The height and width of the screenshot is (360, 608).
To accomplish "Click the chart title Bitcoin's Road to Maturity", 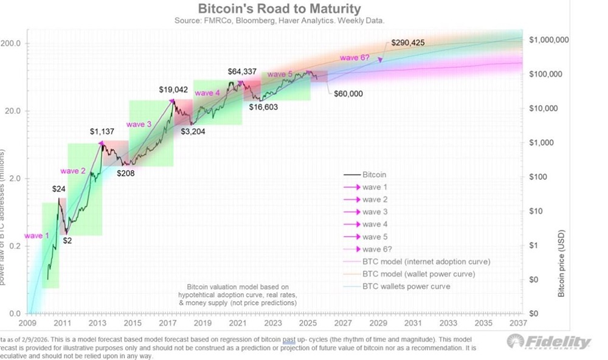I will pyautogui.click(x=279, y=9).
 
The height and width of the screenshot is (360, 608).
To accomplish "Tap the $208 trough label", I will pyautogui.click(x=126, y=173).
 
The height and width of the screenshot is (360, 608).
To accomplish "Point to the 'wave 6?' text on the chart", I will pyautogui.click(x=354, y=57).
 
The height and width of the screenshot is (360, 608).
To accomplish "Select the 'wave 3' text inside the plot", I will pyautogui.click(x=139, y=124).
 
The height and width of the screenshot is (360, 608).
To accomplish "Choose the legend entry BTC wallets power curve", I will pyautogui.click(x=406, y=286).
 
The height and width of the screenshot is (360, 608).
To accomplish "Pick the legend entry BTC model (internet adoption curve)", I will pyautogui.click(x=426, y=261).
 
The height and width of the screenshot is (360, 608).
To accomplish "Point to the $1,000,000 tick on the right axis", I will pyautogui.click(x=548, y=40).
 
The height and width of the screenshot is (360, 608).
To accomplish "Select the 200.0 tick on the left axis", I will pyautogui.click(x=11, y=44).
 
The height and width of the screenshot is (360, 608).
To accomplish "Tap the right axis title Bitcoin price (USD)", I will pyautogui.click(x=561, y=263).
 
